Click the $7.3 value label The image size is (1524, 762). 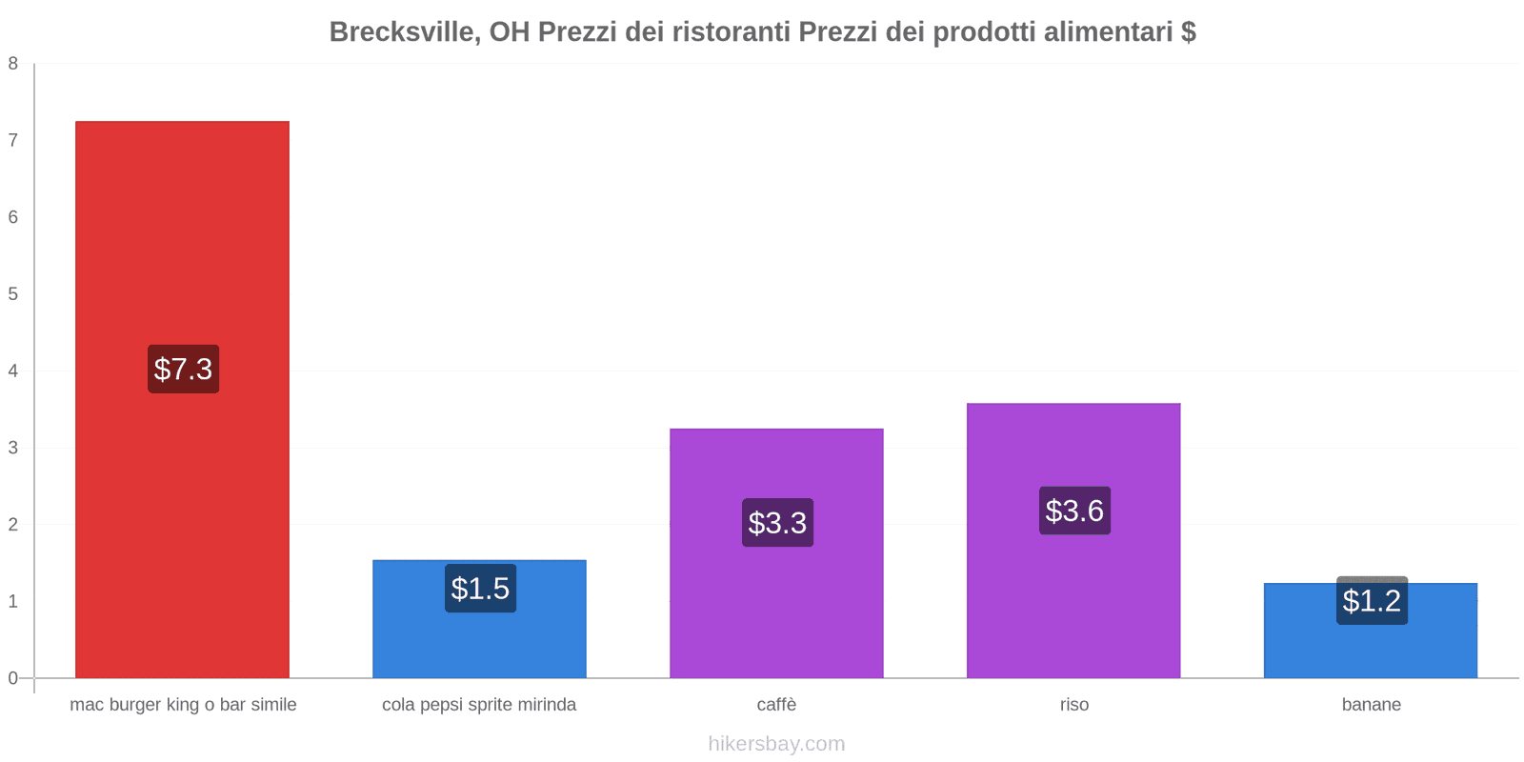pos(183,369)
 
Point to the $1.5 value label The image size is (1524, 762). pos(480,589)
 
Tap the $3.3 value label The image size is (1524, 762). pos(777,523)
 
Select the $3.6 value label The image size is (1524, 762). pos(1074,511)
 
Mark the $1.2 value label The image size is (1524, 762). pos(1372,601)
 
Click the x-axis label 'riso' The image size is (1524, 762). pos(1073,705)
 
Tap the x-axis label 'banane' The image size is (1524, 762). pos(1371,705)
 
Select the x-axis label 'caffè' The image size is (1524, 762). pos(776,705)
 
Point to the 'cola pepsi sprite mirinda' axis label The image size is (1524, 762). pos(479,705)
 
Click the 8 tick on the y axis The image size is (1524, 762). pos(13,64)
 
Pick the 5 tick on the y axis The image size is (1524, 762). pos(13,294)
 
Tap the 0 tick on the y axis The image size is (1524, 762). pos(13,678)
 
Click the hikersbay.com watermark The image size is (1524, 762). pos(776,744)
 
